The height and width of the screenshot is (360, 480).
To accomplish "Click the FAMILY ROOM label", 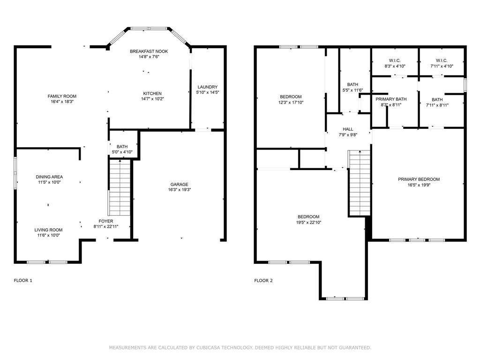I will pos(62,96).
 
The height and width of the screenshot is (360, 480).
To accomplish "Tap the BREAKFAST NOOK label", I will pos(149,51).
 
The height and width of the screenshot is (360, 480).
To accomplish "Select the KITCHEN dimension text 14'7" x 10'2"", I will pos(152,99).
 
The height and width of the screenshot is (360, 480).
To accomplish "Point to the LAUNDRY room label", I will pos(207,87).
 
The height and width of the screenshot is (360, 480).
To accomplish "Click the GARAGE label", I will pos(179,184).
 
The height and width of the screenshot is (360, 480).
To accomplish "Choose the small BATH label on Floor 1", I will pos(122,147).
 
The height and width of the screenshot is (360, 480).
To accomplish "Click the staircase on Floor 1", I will pos(120,187).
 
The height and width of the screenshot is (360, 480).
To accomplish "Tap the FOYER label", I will pos(105,221).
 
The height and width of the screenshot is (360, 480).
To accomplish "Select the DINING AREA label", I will pos(49,177).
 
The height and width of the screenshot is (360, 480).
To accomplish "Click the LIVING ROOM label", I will pos(48,230).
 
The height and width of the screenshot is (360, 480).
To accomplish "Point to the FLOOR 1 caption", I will pos(23,280).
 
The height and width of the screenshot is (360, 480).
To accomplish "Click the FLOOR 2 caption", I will pos(263,280).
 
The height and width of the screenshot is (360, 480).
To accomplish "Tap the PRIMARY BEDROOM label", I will pos(419,179).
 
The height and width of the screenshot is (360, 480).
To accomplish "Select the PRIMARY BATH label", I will pos(391,99).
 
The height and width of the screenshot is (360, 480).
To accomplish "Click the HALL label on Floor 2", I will pos(348,129).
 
